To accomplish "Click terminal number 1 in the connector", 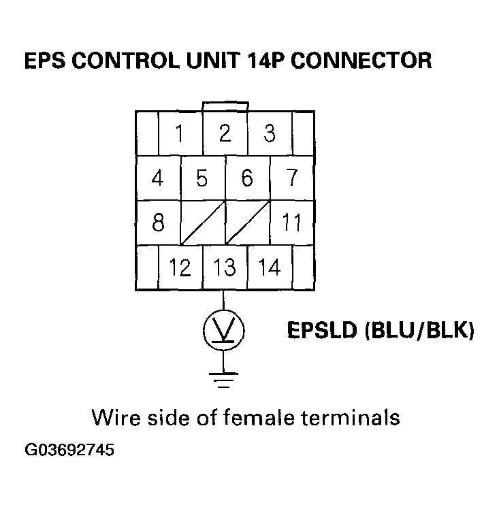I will [x=180, y=134].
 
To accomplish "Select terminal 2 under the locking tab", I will [x=225, y=134].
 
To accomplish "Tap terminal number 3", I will [x=270, y=134].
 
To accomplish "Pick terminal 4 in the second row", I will [x=158, y=178].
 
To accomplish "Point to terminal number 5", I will [x=202, y=178].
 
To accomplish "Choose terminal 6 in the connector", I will [x=247, y=178].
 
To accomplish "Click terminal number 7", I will [x=292, y=178].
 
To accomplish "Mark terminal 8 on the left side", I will [x=158, y=223].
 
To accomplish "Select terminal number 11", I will [x=292, y=223].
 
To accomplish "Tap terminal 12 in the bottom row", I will [x=180, y=267].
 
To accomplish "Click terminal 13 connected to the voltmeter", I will [x=225, y=267].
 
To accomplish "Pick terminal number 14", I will [x=270, y=267].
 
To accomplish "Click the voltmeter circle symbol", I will [x=225, y=331].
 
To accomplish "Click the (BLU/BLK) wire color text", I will [x=419, y=331].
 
